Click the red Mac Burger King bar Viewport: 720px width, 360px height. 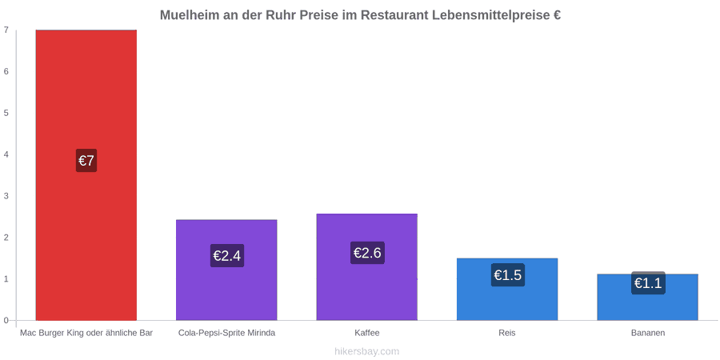click(x=86, y=175)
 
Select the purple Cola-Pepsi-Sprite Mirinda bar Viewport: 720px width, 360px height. click(x=227, y=270)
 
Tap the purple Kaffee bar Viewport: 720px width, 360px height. click(x=367, y=266)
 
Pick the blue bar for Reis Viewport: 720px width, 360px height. click(x=507, y=290)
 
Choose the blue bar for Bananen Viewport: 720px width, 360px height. click(x=648, y=297)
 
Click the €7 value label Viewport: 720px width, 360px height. click(x=86, y=161)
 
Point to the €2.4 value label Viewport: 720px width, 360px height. click(x=227, y=255)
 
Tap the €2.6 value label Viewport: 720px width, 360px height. click(x=367, y=253)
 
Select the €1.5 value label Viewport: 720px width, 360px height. click(x=508, y=275)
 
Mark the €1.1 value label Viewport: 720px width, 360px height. click(x=648, y=283)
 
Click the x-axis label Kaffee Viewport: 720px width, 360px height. click(x=367, y=333)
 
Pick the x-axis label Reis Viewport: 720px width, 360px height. click(x=507, y=333)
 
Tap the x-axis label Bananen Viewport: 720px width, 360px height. click(x=648, y=333)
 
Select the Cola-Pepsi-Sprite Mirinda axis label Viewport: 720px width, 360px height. click(x=227, y=333)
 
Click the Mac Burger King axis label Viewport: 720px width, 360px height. click(x=86, y=333)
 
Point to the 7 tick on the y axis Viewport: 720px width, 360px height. click(x=6, y=30)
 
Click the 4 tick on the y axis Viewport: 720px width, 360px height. click(x=6, y=154)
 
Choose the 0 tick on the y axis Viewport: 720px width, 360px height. click(x=6, y=320)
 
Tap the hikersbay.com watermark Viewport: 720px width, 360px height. click(x=367, y=351)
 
